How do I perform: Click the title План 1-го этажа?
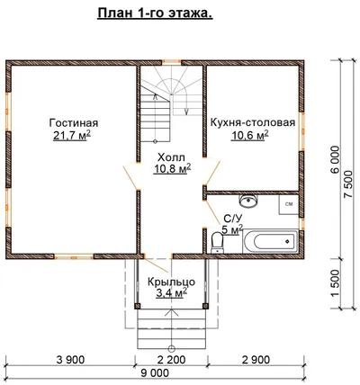click(x=155, y=13)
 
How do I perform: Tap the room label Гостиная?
click(x=74, y=123)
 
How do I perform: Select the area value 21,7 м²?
click(x=72, y=136)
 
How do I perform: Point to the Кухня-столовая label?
click(x=253, y=122)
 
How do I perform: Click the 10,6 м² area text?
click(x=249, y=136)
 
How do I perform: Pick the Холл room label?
click(x=171, y=157)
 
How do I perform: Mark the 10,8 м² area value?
click(x=173, y=169)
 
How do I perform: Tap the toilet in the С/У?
click(x=217, y=243)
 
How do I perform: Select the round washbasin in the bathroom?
click(x=248, y=201)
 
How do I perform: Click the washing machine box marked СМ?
click(x=289, y=204)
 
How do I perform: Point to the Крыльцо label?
click(x=171, y=282)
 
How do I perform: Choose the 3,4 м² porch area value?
click(x=172, y=292)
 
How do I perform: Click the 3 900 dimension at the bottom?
click(x=70, y=359)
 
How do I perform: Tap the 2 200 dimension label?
click(x=171, y=359)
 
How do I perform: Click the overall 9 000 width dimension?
click(x=155, y=373)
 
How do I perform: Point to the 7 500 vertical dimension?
click(x=349, y=184)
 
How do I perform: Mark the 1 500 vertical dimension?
click(x=335, y=283)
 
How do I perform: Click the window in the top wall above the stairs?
click(x=172, y=62)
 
